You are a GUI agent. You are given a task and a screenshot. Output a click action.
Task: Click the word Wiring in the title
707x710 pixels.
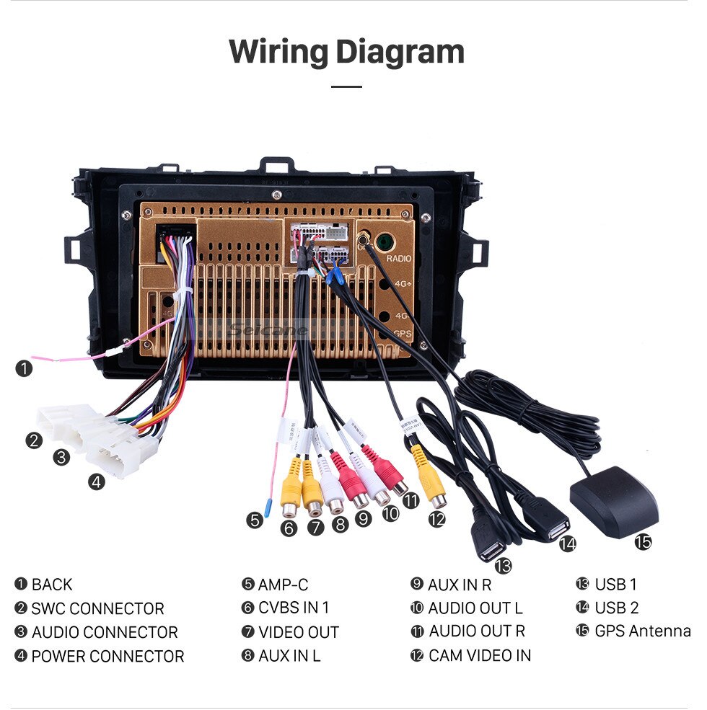point(278,52)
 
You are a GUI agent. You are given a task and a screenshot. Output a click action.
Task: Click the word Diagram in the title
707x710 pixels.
point(400,52)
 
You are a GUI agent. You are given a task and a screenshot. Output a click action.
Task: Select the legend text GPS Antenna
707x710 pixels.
point(642,631)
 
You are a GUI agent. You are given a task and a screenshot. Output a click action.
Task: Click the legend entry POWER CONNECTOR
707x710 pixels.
point(107,657)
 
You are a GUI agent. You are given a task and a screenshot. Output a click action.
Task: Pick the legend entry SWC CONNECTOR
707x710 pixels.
point(97,608)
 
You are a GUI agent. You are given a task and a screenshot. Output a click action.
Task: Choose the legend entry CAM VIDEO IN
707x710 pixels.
point(480,655)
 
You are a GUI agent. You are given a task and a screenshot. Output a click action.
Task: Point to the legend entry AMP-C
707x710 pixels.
point(283,584)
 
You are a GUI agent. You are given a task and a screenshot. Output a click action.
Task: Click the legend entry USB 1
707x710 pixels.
point(615,584)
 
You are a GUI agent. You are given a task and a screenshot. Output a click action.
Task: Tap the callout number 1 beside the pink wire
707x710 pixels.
point(25,369)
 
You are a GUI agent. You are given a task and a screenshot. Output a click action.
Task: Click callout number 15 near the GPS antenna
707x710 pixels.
point(642,541)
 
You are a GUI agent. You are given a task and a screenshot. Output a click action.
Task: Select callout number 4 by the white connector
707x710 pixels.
point(97,482)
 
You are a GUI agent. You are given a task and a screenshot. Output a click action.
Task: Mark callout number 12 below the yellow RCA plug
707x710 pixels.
point(436,518)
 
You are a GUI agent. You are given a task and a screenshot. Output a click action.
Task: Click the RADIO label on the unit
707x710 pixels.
point(398,258)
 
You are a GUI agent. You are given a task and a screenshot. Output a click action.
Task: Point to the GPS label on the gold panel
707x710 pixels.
point(403,334)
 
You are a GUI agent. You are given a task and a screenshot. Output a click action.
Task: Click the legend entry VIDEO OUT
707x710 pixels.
point(298,632)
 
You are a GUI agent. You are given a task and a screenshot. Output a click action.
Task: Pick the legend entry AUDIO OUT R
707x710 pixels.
point(477,631)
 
